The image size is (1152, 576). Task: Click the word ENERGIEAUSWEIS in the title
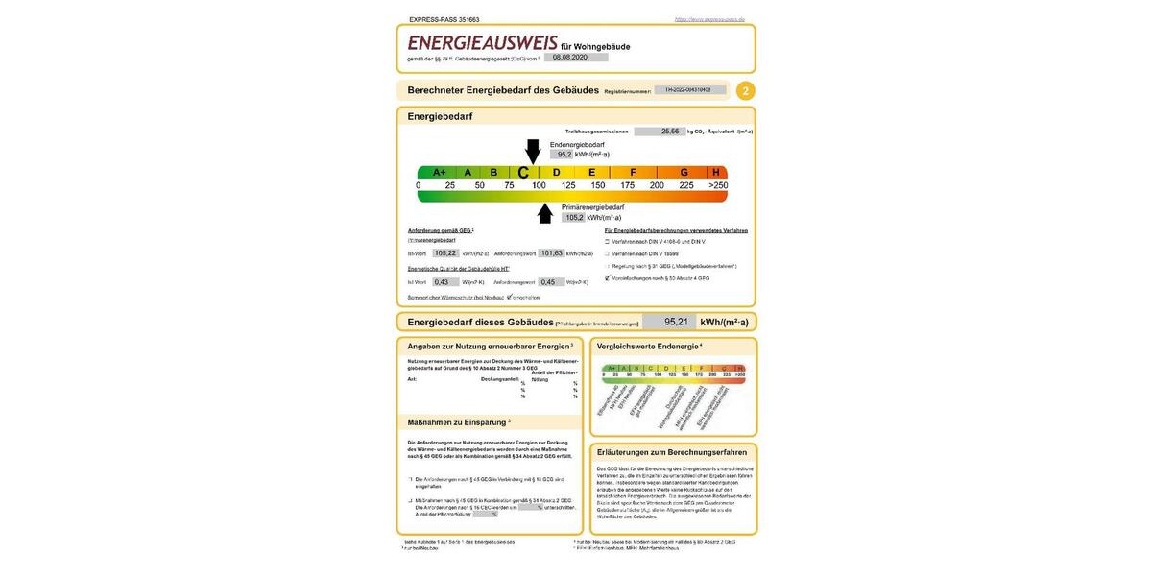482,43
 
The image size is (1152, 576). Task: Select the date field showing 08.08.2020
575,58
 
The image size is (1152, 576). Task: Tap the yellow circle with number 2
746,91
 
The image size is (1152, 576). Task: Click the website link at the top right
709,19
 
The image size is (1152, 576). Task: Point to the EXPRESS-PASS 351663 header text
444,19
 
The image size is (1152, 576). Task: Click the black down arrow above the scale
533,152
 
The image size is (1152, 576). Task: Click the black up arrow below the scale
545,213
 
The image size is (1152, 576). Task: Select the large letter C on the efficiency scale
524,173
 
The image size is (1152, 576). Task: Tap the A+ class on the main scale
439,173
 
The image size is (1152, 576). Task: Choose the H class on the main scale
715,173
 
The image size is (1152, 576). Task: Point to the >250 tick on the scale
718,185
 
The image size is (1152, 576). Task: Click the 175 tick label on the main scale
628,185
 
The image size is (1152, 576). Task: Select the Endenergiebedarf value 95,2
563,154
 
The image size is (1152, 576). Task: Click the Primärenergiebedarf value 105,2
574,218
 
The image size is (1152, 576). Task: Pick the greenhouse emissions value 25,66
670,132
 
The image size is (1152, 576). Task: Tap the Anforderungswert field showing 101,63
551,253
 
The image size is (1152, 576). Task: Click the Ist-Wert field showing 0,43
442,282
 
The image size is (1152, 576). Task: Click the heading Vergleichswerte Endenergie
648,346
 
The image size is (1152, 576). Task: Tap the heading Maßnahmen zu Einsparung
458,422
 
